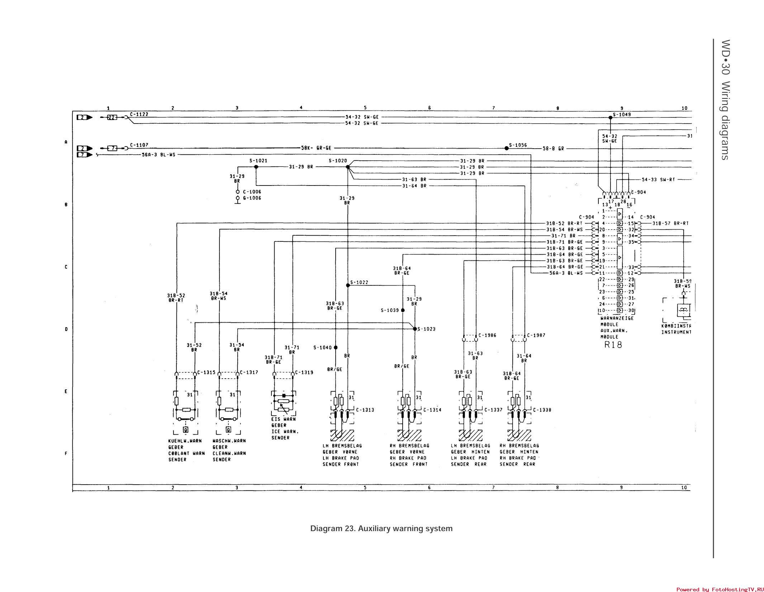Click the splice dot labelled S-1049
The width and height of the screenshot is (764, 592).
coord(610,117)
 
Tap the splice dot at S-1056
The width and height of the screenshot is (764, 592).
coord(506,148)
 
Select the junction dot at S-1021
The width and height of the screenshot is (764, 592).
coord(256,167)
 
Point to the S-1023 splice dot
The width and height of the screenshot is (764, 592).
coord(415,329)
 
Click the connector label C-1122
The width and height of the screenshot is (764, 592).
coord(139,114)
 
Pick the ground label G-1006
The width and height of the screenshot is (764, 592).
coord(252,198)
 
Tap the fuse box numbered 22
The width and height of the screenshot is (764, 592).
coord(112,117)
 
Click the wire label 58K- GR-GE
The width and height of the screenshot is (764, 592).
coord(316,148)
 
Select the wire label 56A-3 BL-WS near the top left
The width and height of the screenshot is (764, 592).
coord(158,155)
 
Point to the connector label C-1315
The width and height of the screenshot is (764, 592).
coord(206,372)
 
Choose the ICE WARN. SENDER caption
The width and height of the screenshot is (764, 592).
coord(285,434)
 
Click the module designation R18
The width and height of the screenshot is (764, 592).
coord(613,345)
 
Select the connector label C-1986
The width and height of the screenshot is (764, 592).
coord(487,335)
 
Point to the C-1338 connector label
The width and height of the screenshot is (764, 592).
coord(542,410)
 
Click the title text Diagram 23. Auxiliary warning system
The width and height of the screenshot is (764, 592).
coord(381,529)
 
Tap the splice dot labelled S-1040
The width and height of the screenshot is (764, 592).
coord(336,347)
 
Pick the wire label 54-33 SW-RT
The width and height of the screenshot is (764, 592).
coord(658,179)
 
